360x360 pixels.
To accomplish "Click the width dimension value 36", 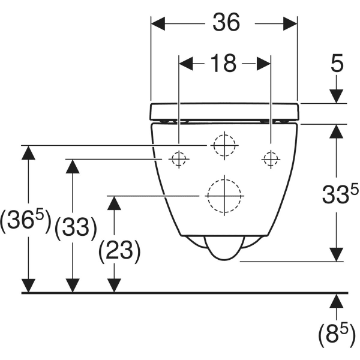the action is [x=226, y=22].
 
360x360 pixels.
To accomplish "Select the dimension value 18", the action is [x=223, y=63].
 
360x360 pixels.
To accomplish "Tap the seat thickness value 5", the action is [x=337, y=63].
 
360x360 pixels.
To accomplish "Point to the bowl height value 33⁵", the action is [x=340, y=193].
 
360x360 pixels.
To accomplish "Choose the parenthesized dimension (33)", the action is [x=76, y=228].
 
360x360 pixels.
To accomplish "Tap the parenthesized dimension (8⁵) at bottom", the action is [x=337, y=335].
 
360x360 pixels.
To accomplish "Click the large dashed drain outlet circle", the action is [x=224, y=196].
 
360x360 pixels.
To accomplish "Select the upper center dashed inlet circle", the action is [x=224, y=145].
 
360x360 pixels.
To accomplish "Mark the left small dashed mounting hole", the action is [x=179, y=159].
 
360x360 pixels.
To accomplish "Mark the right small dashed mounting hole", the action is [x=271, y=159].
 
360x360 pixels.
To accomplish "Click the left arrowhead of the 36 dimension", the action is [x=158, y=23].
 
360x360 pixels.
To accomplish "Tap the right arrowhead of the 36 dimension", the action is [x=290, y=23].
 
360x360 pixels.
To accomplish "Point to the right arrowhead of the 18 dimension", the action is [x=263, y=64].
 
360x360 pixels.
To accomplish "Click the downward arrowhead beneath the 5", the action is [x=337, y=97].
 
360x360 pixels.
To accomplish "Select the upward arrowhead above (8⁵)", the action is [x=337, y=301].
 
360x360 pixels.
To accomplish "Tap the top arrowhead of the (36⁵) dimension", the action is [x=28, y=152].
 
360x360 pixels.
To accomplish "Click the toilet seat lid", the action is [x=224, y=112].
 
